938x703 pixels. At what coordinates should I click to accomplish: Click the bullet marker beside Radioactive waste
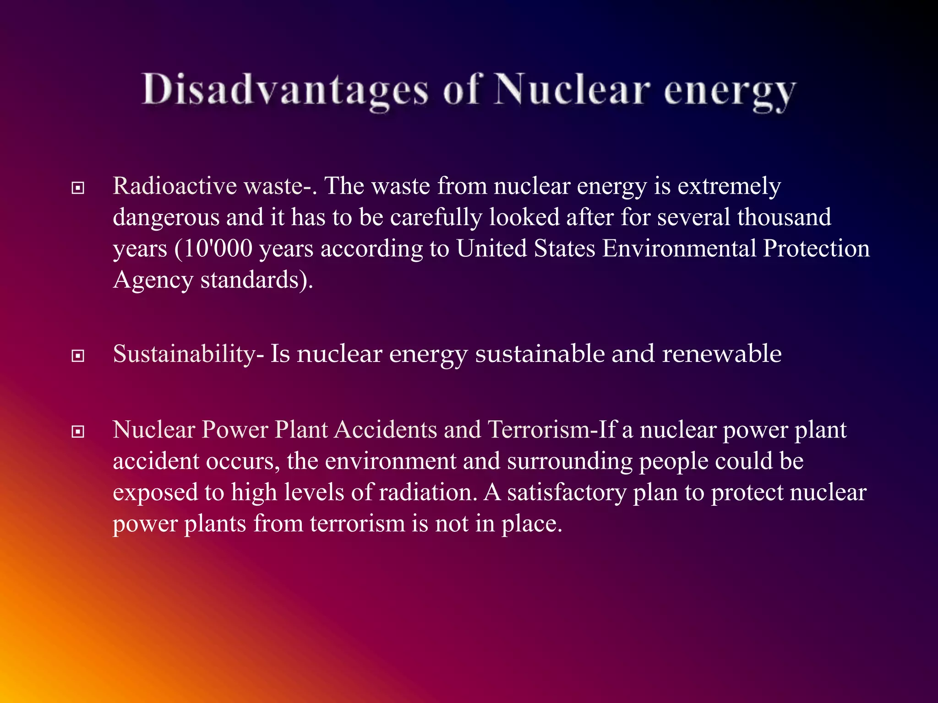[78, 188]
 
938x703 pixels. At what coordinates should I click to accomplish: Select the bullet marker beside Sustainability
[78, 356]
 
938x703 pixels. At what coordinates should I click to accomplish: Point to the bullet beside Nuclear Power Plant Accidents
[78, 432]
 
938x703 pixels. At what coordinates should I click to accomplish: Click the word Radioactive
[175, 186]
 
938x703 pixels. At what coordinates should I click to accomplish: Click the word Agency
[153, 280]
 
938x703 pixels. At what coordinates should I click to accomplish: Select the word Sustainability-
[188, 354]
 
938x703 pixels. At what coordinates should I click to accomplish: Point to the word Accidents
[385, 430]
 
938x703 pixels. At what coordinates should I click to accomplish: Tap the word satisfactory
[567, 492]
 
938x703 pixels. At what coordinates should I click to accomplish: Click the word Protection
[816, 249]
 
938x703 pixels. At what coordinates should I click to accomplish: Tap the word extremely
[729, 186]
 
